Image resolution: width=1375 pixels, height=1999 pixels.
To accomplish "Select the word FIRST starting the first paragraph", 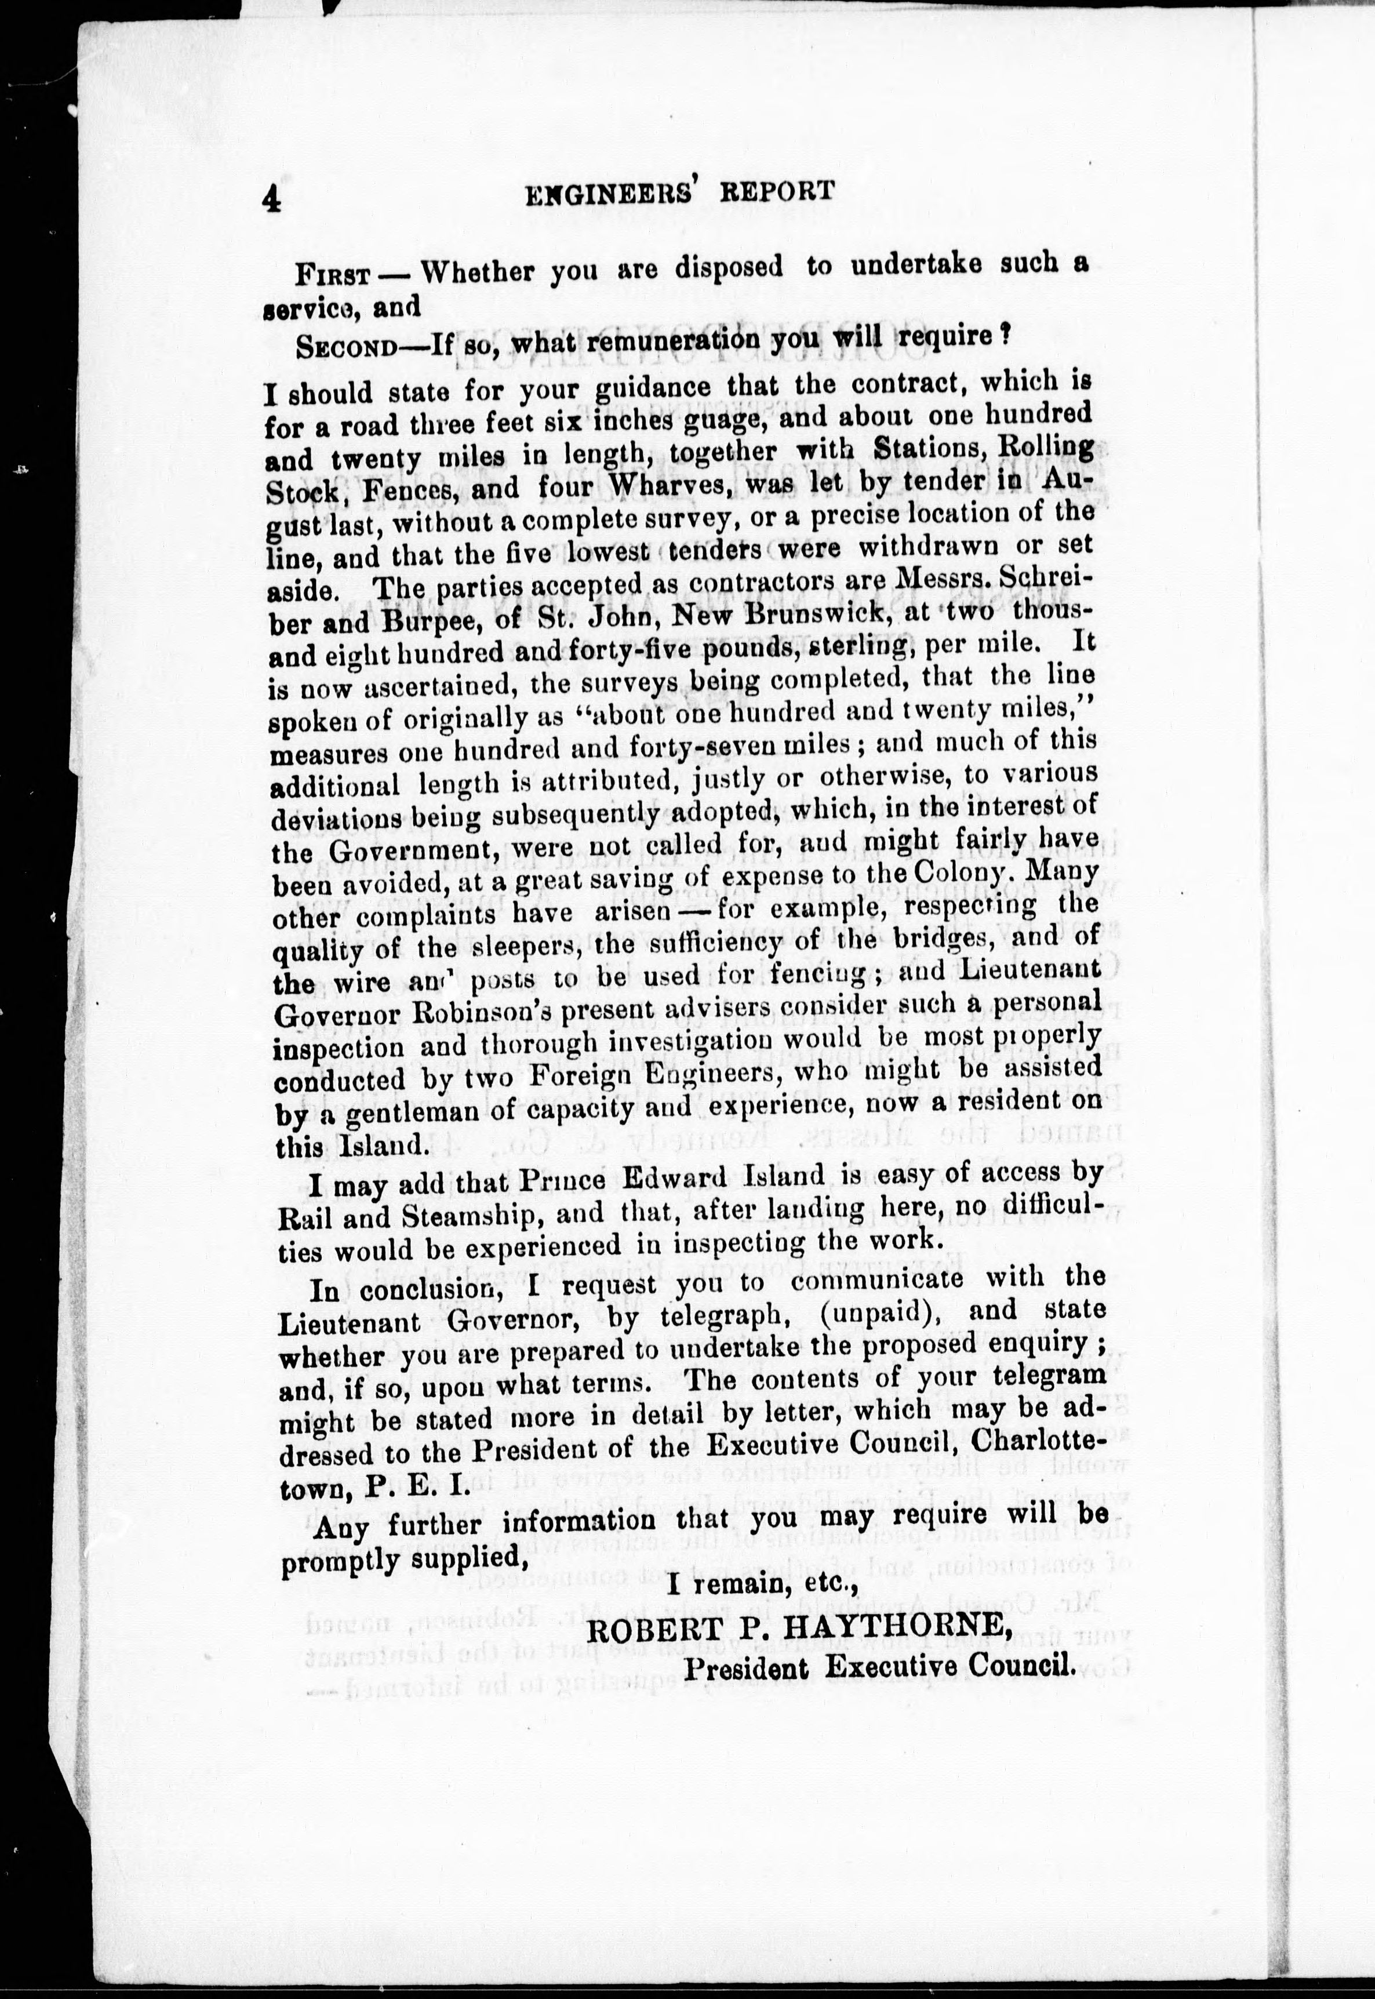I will point(333,275).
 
